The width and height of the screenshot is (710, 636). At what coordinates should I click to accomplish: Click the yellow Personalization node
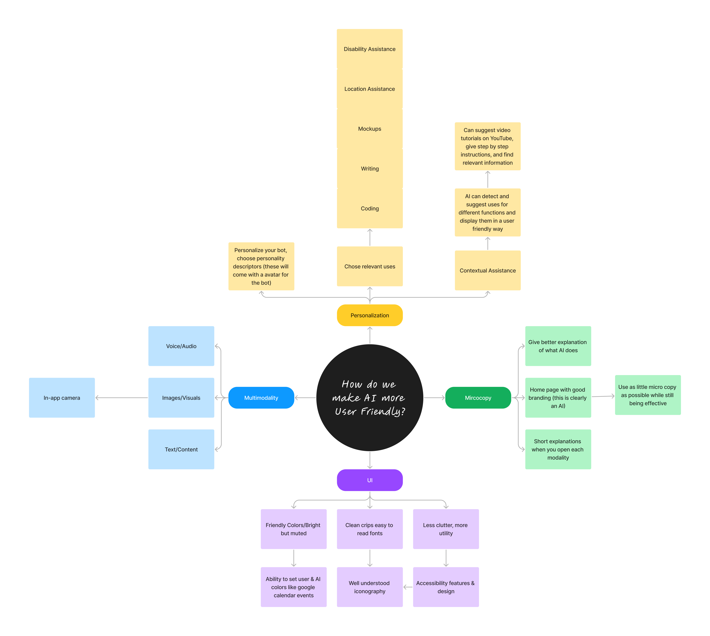click(x=370, y=315)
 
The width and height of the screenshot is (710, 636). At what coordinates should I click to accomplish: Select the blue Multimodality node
click(x=261, y=398)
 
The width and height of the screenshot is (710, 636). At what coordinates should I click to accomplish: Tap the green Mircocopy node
click(x=478, y=398)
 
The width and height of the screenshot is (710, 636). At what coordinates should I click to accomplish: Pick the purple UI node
click(x=370, y=480)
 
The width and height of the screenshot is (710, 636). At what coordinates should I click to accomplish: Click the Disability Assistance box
click(x=370, y=49)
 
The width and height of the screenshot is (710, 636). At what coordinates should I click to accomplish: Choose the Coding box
click(x=370, y=208)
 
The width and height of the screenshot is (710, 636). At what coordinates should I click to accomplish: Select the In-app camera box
click(x=62, y=398)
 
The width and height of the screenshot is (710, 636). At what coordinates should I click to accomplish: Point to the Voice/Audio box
click(x=181, y=346)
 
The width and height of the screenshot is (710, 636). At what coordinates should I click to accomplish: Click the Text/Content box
click(x=181, y=449)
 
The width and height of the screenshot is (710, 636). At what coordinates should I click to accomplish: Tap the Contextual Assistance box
click(x=488, y=270)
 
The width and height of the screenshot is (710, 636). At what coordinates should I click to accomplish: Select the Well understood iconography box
click(x=370, y=587)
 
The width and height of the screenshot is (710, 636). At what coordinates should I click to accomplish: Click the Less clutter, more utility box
click(x=446, y=529)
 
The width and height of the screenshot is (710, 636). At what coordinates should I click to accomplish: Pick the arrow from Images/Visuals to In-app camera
click(x=122, y=398)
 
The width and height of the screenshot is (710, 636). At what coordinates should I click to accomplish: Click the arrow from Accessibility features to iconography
click(x=408, y=587)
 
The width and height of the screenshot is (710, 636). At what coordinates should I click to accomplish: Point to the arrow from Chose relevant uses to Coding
click(x=370, y=238)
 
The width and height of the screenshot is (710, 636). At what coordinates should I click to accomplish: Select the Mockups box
click(x=370, y=129)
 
